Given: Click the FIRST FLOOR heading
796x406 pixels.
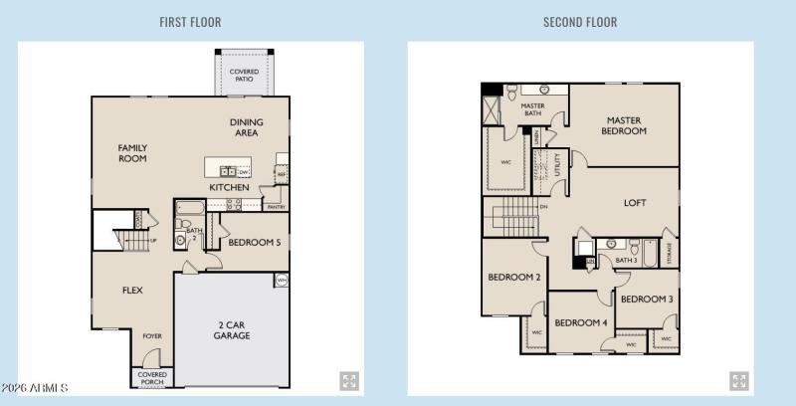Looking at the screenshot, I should click(190, 22).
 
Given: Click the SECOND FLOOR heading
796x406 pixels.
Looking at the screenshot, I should click(580, 22).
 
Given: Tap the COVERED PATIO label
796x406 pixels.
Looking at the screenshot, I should click(244, 76).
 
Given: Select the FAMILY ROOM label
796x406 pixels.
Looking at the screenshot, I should click(132, 152).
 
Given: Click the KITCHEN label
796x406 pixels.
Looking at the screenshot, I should click(229, 187).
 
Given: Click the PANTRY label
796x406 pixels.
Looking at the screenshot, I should click(276, 207).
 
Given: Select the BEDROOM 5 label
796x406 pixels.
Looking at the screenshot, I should click(254, 242).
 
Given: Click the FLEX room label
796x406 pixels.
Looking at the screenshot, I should click(133, 291).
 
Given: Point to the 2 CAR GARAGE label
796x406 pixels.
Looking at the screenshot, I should click(231, 329).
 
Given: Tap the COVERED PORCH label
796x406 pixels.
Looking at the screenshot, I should click(151, 378).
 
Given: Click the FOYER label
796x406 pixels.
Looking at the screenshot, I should click(151, 335).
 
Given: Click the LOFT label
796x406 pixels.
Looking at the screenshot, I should click(635, 203).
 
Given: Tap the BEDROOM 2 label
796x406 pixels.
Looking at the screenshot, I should click(513, 278).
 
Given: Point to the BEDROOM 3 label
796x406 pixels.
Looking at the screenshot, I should click(647, 299).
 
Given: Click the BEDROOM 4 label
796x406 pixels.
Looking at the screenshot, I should click(581, 322).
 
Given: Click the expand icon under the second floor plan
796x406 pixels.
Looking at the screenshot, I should click(738, 381).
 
